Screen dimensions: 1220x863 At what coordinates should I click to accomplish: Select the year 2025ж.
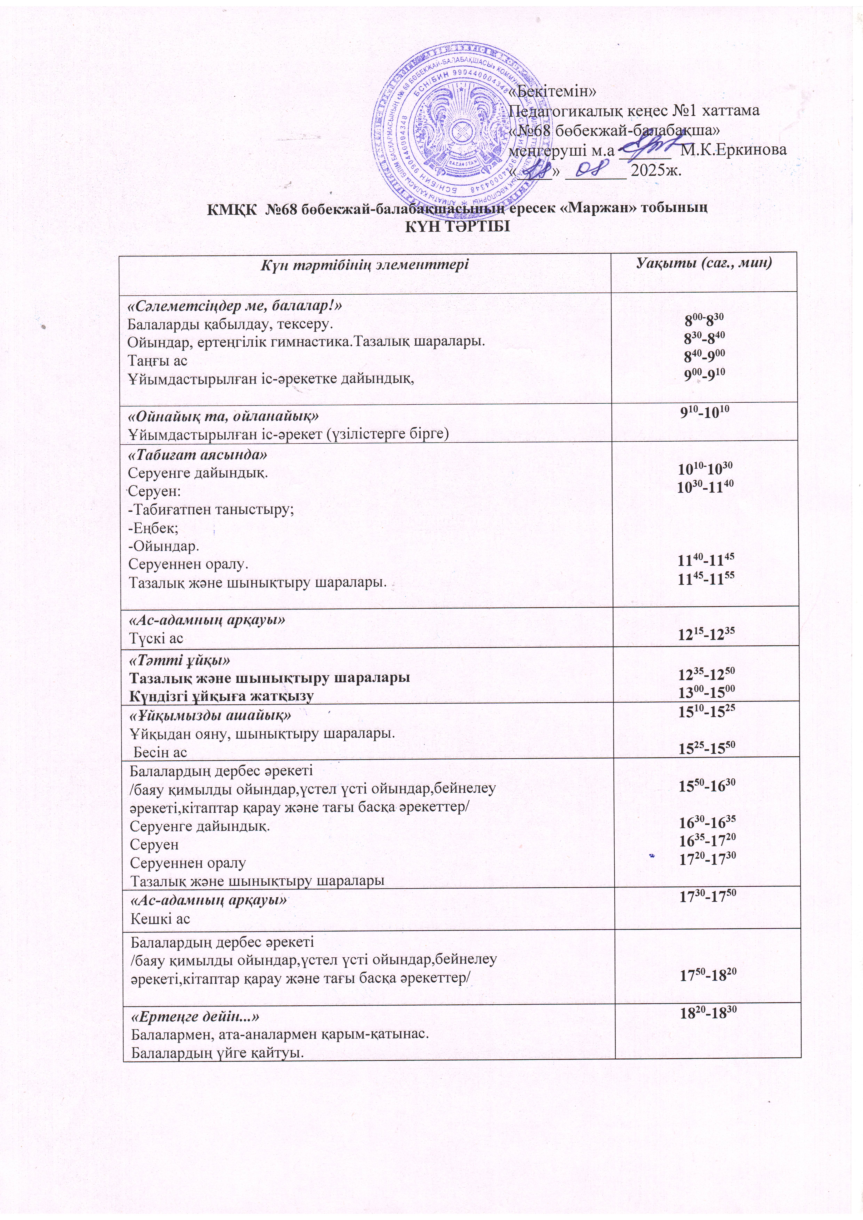[x=655, y=171]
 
